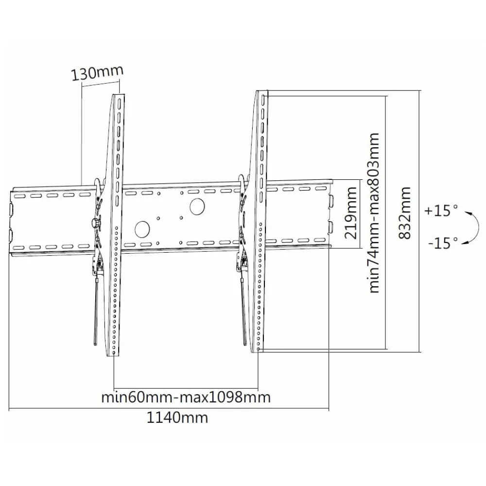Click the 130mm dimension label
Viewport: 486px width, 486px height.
(97, 73)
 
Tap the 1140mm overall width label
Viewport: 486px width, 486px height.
(177, 417)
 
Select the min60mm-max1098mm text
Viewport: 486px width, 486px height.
(186, 397)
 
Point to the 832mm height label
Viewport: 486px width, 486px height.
(405, 213)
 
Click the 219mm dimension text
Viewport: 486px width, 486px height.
(350, 213)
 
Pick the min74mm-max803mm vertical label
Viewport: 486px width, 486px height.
(374, 213)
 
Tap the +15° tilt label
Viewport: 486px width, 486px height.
(441, 210)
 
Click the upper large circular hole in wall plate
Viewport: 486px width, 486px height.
(197, 206)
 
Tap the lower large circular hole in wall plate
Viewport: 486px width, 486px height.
(142, 229)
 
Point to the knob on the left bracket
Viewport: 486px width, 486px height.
(95, 223)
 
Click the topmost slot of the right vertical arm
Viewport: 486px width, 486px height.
(263, 100)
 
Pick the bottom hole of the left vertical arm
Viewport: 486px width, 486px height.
(114, 353)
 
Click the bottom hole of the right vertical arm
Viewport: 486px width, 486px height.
(259, 349)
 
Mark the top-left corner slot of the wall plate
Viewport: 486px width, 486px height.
(19, 196)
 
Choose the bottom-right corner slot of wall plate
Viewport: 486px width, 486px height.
(320, 240)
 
